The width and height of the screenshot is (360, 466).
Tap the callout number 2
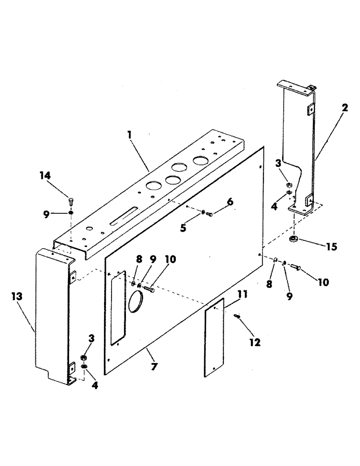click(x=344, y=108)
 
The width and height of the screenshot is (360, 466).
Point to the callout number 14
click(x=45, y=176)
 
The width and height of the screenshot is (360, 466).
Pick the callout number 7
click(x=154, y=367)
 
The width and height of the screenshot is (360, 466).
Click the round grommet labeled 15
click(x=294, y=240)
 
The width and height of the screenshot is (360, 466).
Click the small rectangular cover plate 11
click(x=215, y=336)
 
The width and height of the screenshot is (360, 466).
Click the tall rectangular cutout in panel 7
click(x=118, y=306)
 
